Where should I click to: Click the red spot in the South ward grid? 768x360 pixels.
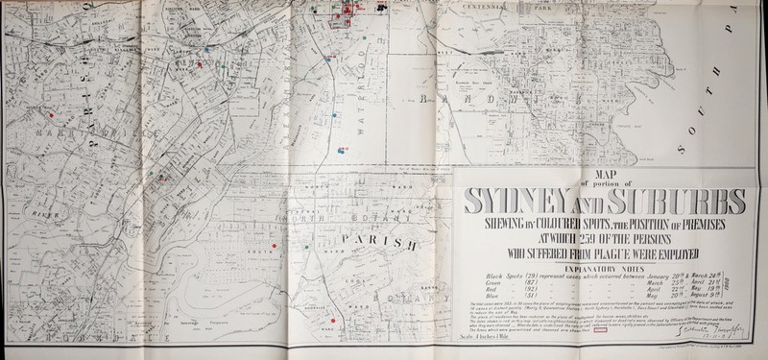pyautogui.click(x=275, y=249)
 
